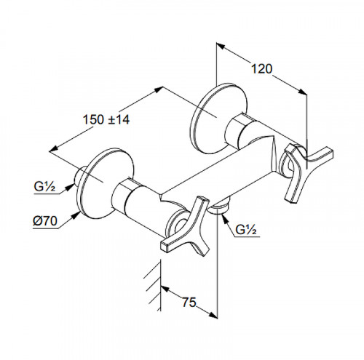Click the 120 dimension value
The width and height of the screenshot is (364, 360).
(x=261, y=69)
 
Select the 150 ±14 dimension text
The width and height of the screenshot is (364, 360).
(x=106, y=119)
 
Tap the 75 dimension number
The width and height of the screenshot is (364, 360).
(x=189, y=303)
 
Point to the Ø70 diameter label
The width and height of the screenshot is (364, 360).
(x=45, y=221)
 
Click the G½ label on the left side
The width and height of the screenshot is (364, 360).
(x=45, y=187)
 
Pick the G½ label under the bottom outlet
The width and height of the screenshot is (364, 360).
(x=246, y=229)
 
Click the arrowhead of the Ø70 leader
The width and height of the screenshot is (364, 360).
(x=77, y=215)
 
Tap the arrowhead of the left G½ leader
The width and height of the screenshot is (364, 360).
(x=71, y=186)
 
